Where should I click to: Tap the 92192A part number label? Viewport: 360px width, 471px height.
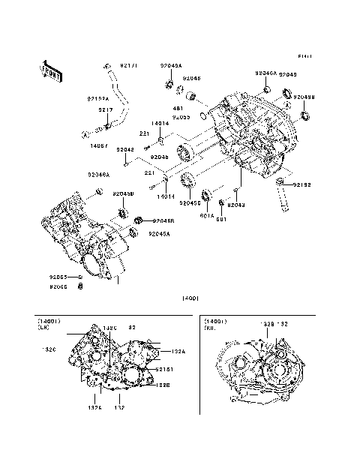pos(98,98)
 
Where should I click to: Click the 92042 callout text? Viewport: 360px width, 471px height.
pos(125,149)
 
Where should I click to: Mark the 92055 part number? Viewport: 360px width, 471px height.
pos(181,117)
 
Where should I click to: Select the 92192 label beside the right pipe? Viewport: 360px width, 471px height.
pos(302,184)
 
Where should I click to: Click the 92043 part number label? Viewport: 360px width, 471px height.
pos(236,204)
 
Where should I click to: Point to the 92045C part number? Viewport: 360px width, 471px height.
pos(190,202)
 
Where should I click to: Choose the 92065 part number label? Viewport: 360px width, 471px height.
pos(59,277)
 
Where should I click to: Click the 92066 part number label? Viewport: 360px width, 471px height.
pos(59,286)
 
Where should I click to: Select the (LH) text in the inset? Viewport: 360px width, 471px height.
pos(43,328)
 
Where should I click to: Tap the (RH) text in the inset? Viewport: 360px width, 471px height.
pos(210,328)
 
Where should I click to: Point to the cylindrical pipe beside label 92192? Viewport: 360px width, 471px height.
pos(285,196)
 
